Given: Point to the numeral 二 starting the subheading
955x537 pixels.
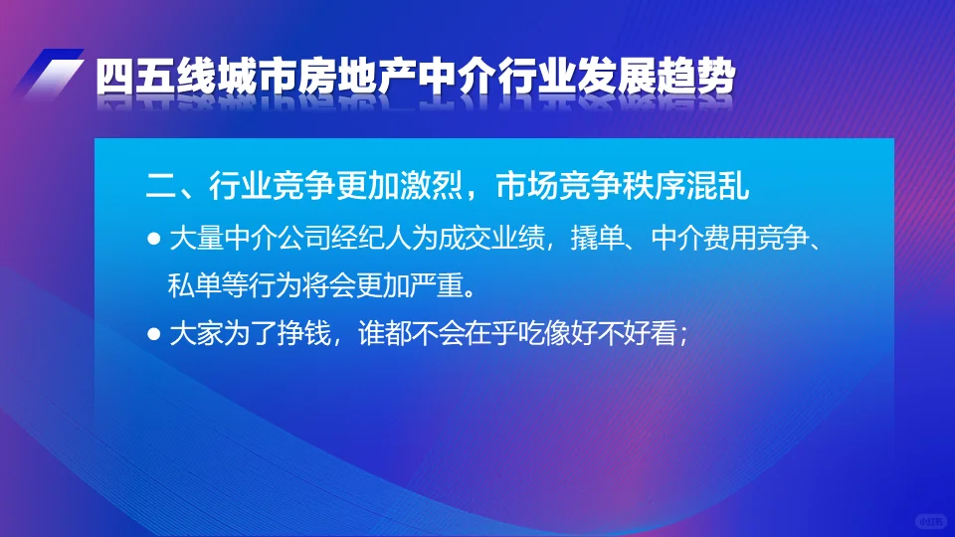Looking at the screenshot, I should [x=162, y=185].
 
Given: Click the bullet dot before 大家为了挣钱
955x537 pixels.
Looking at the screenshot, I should [x=153, y=333].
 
